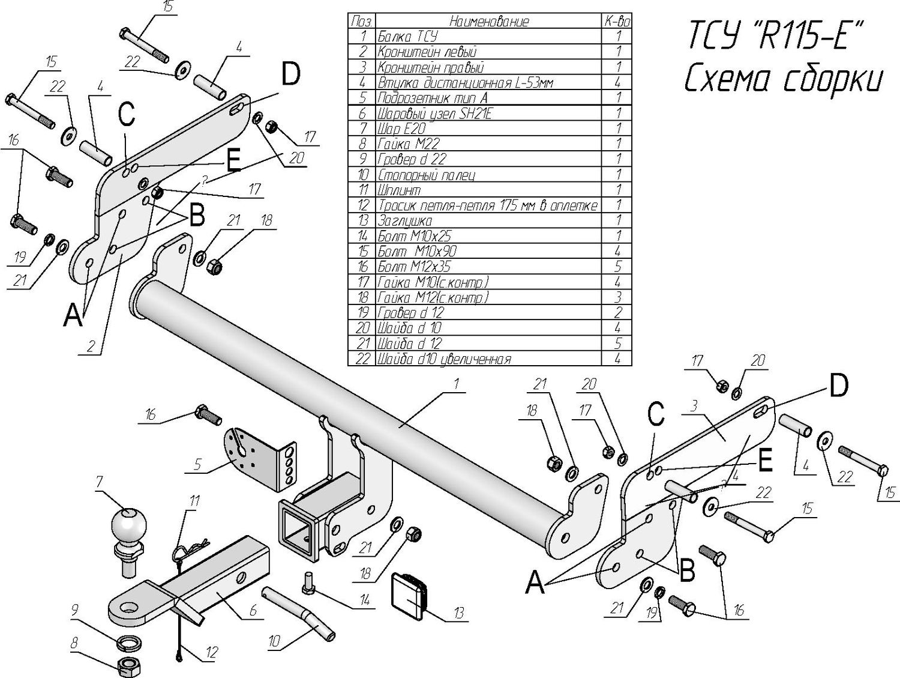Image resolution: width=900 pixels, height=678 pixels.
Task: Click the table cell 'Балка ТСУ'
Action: coord(408,37)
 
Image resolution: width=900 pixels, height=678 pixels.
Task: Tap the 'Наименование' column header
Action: coord(489,22)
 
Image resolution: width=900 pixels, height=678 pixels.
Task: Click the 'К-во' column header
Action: coord(617,22)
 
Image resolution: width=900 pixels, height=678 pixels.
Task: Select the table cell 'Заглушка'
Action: coord(405,221)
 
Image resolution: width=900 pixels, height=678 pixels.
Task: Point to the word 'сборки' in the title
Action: coord(833,80)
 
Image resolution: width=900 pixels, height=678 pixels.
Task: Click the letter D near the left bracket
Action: coord(290,75)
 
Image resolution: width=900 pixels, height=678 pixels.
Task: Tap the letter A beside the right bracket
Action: coord(535,581)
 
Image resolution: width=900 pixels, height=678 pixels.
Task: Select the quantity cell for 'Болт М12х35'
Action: coord(617,267)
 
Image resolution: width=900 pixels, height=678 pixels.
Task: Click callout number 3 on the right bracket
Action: coord(693,406)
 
